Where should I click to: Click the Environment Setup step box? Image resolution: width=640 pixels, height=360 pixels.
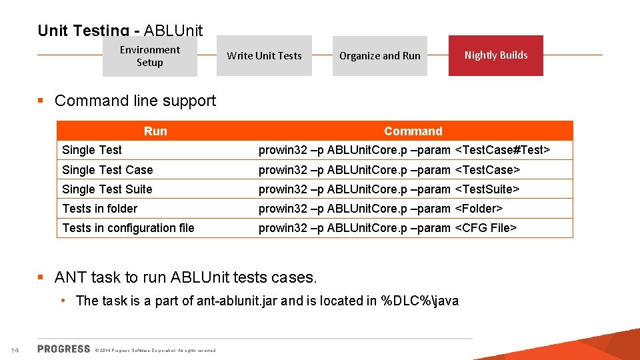[149, 56]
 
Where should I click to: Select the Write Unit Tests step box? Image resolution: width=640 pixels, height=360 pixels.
[264, 56]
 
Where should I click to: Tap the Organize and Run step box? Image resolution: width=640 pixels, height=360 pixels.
[379, 56]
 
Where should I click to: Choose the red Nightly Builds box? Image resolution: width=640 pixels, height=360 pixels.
[495, 55]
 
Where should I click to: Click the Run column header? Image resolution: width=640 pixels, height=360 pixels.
[155, 131]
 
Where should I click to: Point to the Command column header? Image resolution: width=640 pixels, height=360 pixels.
[413, 131]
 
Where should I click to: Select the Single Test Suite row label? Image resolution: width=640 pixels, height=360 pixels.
[107, 189]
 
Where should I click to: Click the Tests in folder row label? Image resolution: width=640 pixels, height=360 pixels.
[99, 209]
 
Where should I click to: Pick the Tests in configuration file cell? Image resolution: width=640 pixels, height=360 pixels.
[128, 228]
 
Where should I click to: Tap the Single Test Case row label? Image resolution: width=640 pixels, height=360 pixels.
[107, 170]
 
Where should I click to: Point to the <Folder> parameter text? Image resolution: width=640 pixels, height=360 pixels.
[478, 209]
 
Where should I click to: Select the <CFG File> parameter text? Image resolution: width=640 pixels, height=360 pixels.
[485, 228]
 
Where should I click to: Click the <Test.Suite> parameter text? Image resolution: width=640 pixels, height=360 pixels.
[487, 189]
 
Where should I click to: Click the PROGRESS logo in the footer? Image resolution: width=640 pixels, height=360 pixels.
[64, 349]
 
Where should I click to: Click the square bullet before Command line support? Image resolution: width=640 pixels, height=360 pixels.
[41, 101]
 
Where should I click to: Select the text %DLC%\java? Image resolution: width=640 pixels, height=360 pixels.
[419, 301]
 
